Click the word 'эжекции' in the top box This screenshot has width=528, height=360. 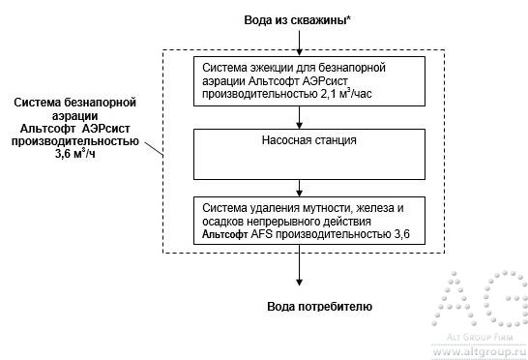(276, 68)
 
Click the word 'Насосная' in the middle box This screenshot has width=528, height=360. (283, 140)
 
